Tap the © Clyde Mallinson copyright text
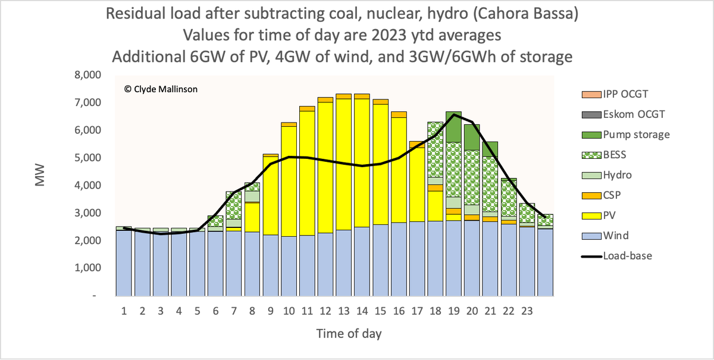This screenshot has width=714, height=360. (x=161, y=89)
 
